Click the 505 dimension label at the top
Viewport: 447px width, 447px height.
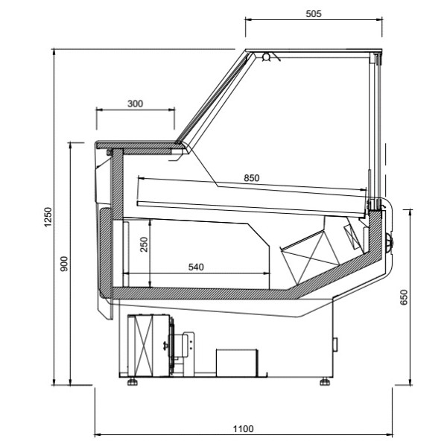[314, 14]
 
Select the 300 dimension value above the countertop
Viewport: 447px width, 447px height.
[135, 104]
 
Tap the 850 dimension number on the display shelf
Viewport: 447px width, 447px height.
[252, 178]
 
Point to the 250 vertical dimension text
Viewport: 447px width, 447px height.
[145, 245]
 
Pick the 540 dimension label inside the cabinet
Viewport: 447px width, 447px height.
[194, 266]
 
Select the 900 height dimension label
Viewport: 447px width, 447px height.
[64, 263]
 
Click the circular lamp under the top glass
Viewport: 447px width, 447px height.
[266, 57]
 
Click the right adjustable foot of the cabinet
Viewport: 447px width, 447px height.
[325, 381]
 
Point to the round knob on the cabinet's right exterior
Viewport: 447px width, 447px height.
[392, 240]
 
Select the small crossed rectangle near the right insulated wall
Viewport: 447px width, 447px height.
[351, 236]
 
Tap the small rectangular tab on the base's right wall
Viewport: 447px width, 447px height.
[335, 343]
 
